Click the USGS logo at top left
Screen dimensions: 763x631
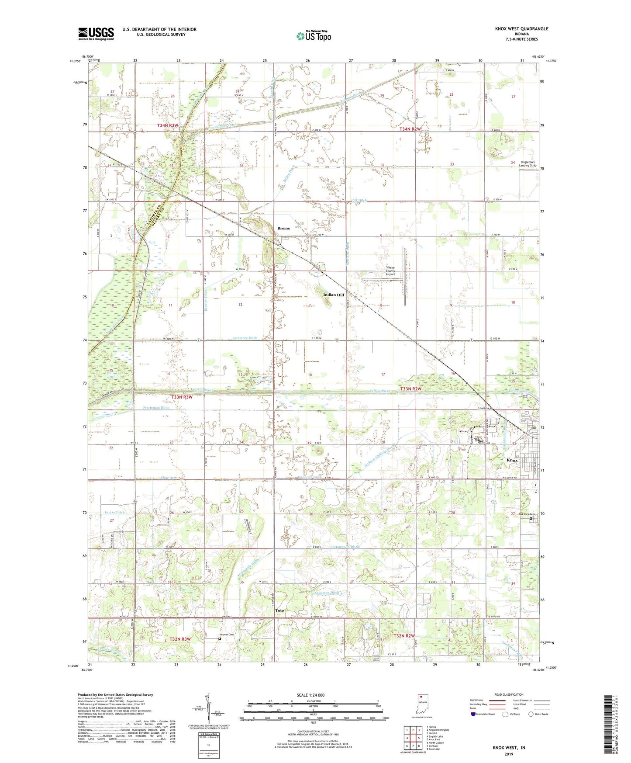[96, 34]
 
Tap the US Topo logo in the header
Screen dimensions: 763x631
[314, 36]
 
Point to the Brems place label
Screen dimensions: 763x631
[283, 228]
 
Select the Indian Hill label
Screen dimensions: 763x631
[334, 295]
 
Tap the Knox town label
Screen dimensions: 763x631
[512, 461]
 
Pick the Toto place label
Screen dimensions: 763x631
[279, 610]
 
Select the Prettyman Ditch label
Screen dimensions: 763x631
[156, 408]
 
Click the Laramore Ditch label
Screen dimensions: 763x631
[245, 338]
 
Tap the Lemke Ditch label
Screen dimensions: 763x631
[114, 512]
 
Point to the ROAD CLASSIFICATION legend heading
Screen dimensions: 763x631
[508, 694]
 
